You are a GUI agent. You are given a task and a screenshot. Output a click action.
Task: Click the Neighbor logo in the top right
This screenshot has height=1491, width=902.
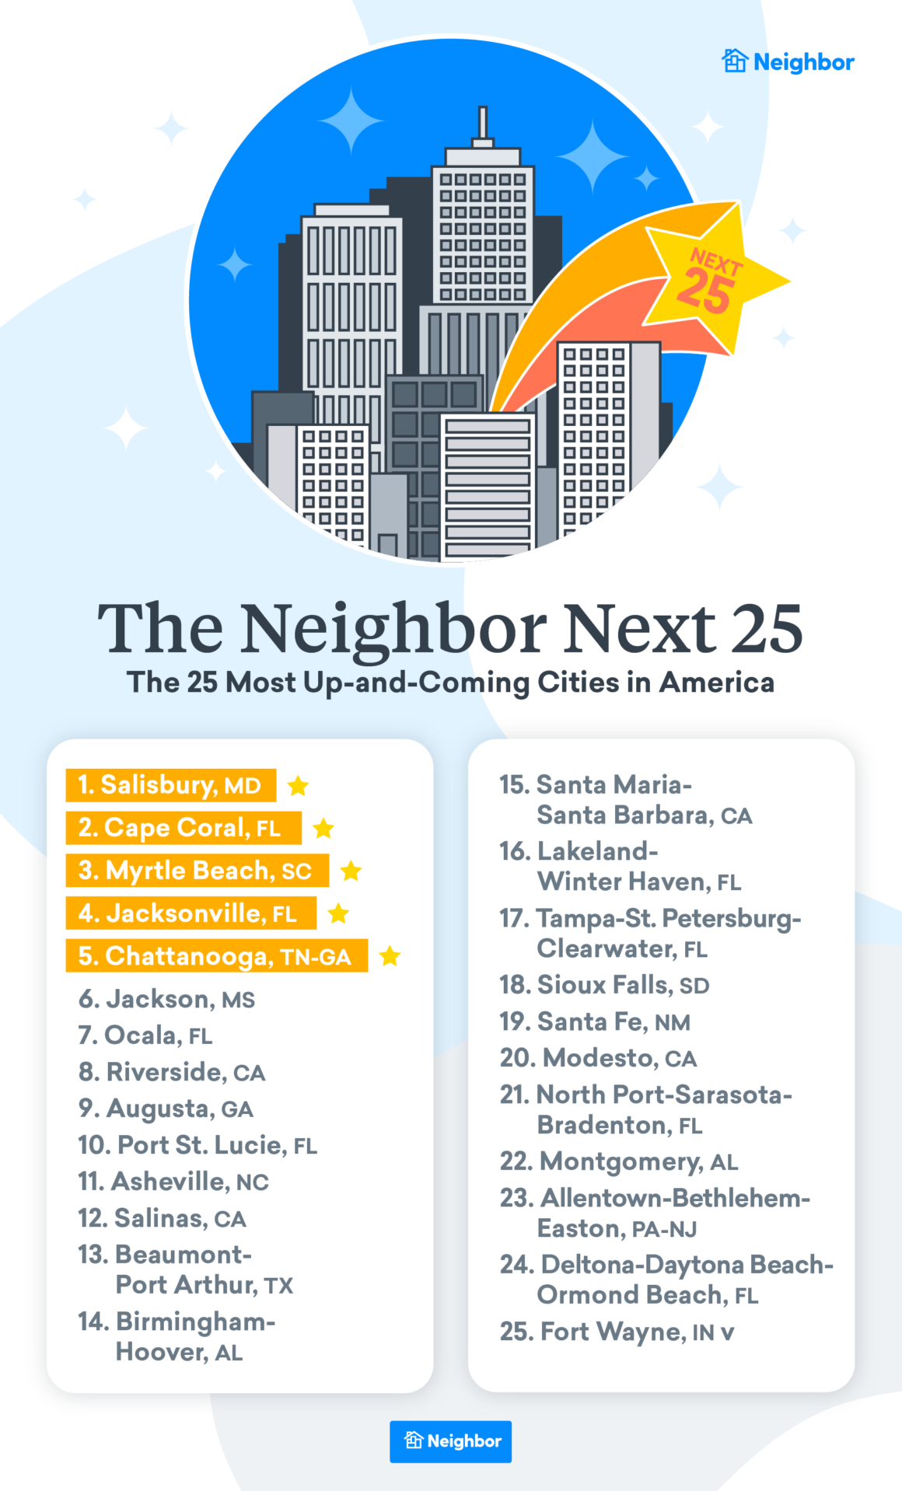pos(788,61)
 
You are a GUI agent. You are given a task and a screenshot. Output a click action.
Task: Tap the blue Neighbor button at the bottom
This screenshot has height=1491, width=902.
pos(450,1441)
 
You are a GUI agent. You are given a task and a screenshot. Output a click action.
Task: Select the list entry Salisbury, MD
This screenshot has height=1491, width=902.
pos(170,785)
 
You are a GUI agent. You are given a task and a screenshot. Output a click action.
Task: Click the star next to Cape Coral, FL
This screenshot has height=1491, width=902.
pos(323,829)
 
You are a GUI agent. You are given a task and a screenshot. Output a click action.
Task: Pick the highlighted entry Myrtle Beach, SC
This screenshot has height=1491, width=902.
pos(197,871)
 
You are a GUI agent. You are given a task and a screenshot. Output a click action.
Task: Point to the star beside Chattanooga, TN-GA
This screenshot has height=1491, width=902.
pos(390,956)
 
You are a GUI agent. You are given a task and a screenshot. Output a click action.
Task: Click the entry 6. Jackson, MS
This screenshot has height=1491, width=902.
pos(166,999)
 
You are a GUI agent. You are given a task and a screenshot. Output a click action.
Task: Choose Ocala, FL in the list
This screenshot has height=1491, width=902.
pos(145,1035)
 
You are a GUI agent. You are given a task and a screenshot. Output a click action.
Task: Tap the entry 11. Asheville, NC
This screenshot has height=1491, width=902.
pos(173,1182)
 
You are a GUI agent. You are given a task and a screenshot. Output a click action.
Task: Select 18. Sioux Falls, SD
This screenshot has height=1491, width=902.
pos(604,985)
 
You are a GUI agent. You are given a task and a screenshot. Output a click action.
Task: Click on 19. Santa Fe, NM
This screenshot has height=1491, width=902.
pos(595,1021)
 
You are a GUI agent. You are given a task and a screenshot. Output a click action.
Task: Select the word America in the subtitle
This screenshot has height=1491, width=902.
pos(716,683)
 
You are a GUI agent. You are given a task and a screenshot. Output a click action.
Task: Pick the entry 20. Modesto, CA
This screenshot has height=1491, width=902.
pos(598,1058)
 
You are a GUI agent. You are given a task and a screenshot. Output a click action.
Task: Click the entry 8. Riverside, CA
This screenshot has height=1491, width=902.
pos(172,1072)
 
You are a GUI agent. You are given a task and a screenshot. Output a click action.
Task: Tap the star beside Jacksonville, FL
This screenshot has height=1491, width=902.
pos(338,913)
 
